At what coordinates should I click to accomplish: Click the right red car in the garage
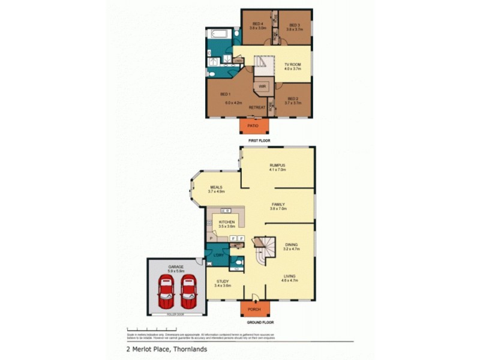(188, 290)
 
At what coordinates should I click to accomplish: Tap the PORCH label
(255, 310)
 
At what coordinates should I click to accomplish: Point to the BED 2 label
(293, 98)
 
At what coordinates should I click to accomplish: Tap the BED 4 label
(258, 25)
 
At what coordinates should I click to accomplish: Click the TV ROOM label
(292, 64)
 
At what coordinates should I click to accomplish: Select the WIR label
(262, 86)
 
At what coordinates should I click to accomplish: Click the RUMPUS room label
(277, 165)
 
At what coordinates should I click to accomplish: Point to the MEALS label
(216, 187)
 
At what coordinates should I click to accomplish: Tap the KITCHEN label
(226, 221)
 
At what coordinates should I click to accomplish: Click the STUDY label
(223, 281)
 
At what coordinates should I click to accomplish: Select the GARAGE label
(176, 265)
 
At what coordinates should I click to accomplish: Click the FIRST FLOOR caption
(259, 140)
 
